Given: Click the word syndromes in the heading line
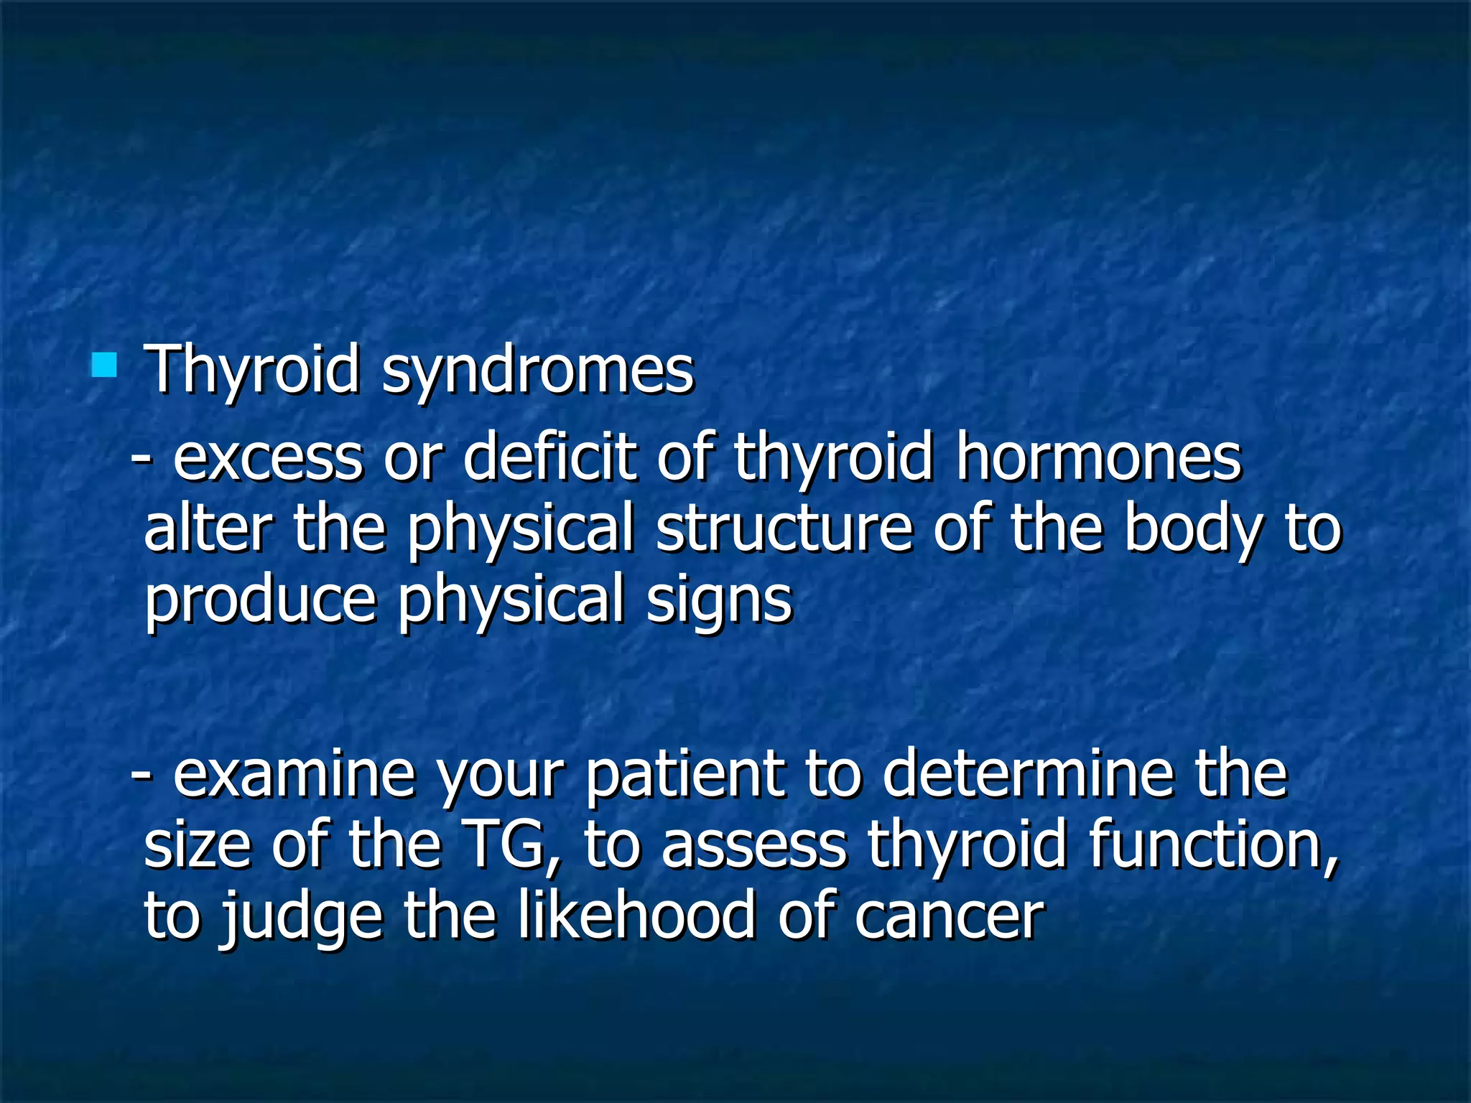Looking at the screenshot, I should pyautogui.click(x=537, y=371).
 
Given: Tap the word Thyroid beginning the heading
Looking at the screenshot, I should pyautogui.click(x=251, y=371).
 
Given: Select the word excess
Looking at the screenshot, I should pyautogui.click(x=267, y=460).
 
